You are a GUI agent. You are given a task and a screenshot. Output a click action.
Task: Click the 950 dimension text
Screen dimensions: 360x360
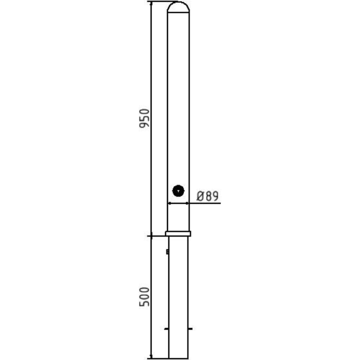pyautogui.click(x=144, y=118)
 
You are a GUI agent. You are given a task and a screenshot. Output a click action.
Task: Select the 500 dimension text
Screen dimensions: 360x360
pyautogui.click(x=144, y=297)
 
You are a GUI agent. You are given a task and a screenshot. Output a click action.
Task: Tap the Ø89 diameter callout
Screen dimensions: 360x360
pyautogui.click(x=207, y=196)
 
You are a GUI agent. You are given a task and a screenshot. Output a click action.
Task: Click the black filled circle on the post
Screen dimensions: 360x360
pyautogui.click(x=179, y=191)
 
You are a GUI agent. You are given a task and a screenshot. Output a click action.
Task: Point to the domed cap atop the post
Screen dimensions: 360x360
pyautogui.click(x=178, y=6)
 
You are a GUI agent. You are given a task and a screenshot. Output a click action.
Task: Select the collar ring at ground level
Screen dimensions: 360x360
pyautogui.click(x=178, y=234)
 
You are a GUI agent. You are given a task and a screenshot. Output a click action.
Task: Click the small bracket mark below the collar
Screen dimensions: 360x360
pyautogui.click(x=167, y=252)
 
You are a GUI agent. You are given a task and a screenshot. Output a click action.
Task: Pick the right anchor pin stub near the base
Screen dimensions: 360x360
pyautogui.click(x=190, y=329)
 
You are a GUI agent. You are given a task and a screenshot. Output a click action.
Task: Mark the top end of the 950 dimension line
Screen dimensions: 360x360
pyautogui.click(x=151, y=2)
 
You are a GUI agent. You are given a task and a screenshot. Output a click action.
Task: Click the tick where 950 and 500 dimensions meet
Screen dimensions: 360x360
pyautogui.click(x=151, y=236)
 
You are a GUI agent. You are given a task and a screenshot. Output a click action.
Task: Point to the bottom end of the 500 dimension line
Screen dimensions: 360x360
pyautogui.click(x=151, y=357)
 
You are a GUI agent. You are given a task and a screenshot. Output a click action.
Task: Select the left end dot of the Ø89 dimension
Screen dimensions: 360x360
pyautogui.click(x=168, y=203)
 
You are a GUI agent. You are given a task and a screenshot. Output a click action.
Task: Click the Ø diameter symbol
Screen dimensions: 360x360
pyautogui.click(x=201, y=196)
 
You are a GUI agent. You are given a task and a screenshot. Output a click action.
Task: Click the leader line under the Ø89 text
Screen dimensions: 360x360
pyautogui.click(x=205, y=203)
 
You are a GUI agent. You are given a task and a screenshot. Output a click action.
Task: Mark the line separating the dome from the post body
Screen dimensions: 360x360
pyautogui.click(x=178, y=12)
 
